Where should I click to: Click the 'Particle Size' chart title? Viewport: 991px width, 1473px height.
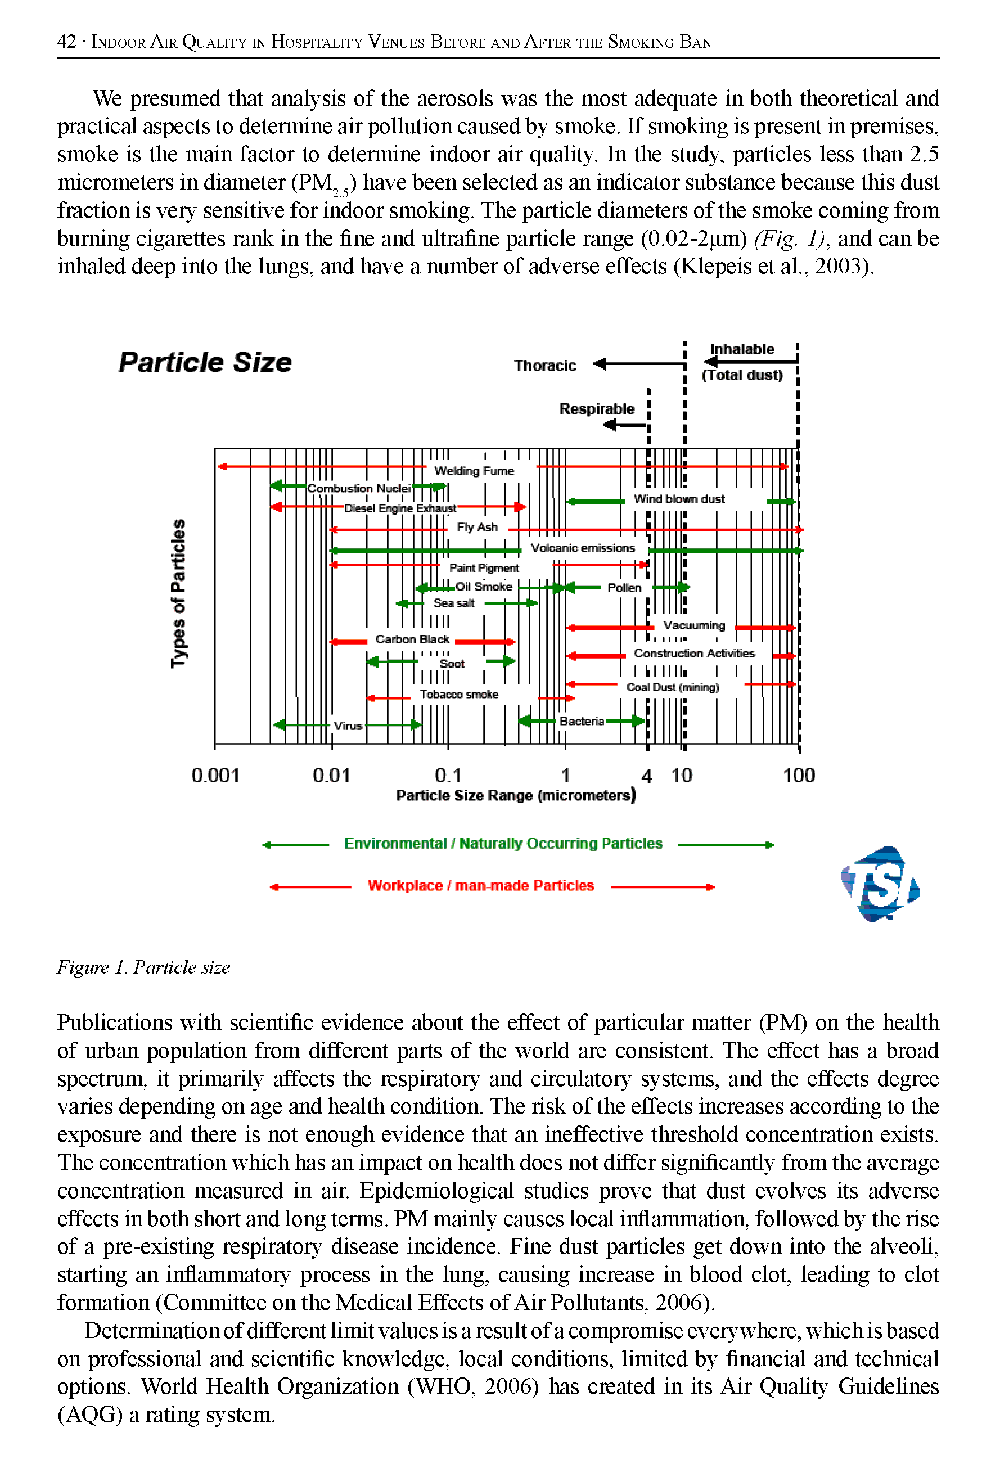(205, 363)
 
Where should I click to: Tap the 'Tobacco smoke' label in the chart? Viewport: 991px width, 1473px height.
(459, 695)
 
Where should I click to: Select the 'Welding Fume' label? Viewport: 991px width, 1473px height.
(474, 471)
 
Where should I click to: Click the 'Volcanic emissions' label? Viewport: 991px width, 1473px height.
(583, 548)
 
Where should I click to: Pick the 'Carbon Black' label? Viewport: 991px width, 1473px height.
(412, 639)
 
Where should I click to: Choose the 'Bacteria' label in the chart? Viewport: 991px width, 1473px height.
(582, 721)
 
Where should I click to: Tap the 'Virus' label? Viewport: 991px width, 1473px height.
(348, 726)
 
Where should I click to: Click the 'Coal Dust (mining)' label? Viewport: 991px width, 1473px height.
(673, 687)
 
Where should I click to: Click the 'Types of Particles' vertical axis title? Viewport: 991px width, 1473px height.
(179, 593)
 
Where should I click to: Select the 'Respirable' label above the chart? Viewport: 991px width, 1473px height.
(597, 409)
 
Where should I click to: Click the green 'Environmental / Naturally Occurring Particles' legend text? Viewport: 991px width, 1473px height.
(503, 844)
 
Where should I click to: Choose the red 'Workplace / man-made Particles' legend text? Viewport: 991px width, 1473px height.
(481, 886)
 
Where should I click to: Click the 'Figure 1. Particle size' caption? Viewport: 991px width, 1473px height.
(143, 967)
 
